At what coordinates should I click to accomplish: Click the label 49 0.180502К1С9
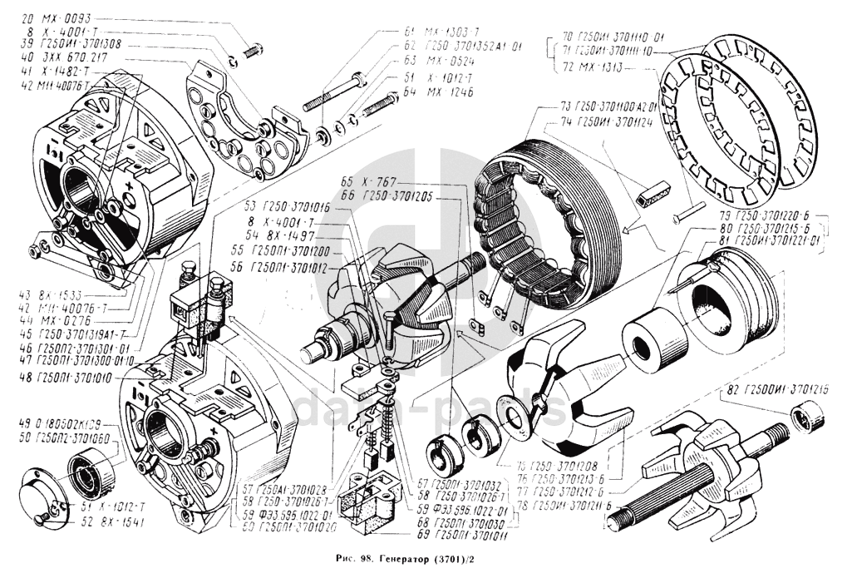(62, 422)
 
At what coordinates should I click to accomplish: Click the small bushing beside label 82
(805, 414)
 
